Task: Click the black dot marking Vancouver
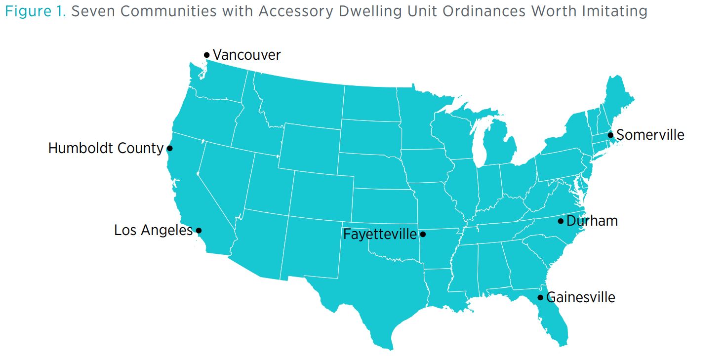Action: coord(206,55)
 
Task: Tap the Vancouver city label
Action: coord(246,55)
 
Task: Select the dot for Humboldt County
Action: coord(169,148)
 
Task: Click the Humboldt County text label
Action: coord(106,148)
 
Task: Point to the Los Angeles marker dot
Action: coord(199,230)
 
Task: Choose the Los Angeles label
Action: coord(153,230)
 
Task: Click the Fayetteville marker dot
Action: coord(422,234)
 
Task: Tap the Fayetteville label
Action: coord(380,234)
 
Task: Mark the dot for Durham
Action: coord(561,221)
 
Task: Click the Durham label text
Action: coord(592,221)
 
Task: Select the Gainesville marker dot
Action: coord(540,297)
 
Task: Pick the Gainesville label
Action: coord(581,297)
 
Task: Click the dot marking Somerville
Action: coord(610,135)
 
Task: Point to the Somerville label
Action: coord(650,135)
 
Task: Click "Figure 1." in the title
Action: coord(36,11)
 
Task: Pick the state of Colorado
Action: coord(321,195)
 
